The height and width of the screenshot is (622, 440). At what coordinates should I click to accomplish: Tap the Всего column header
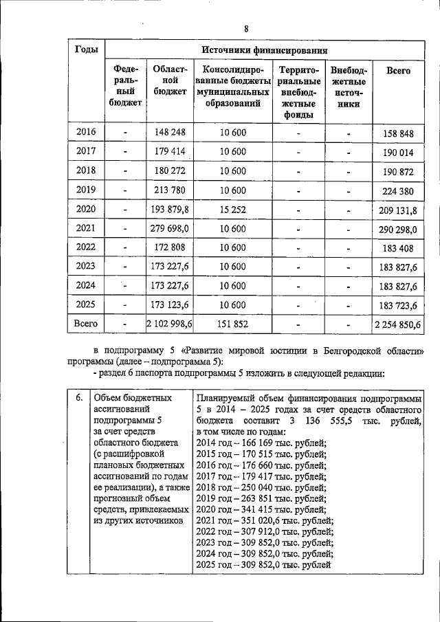pyautogui.click(x=399, y=70)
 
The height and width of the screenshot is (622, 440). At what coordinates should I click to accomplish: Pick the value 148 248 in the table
pyautogui.click(x=170, y=131)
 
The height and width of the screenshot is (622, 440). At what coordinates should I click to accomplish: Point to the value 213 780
pyautogui.click(x=170, y=190)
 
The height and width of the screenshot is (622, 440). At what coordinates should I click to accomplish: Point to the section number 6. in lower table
pyautogui.click(x=79, y=397)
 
